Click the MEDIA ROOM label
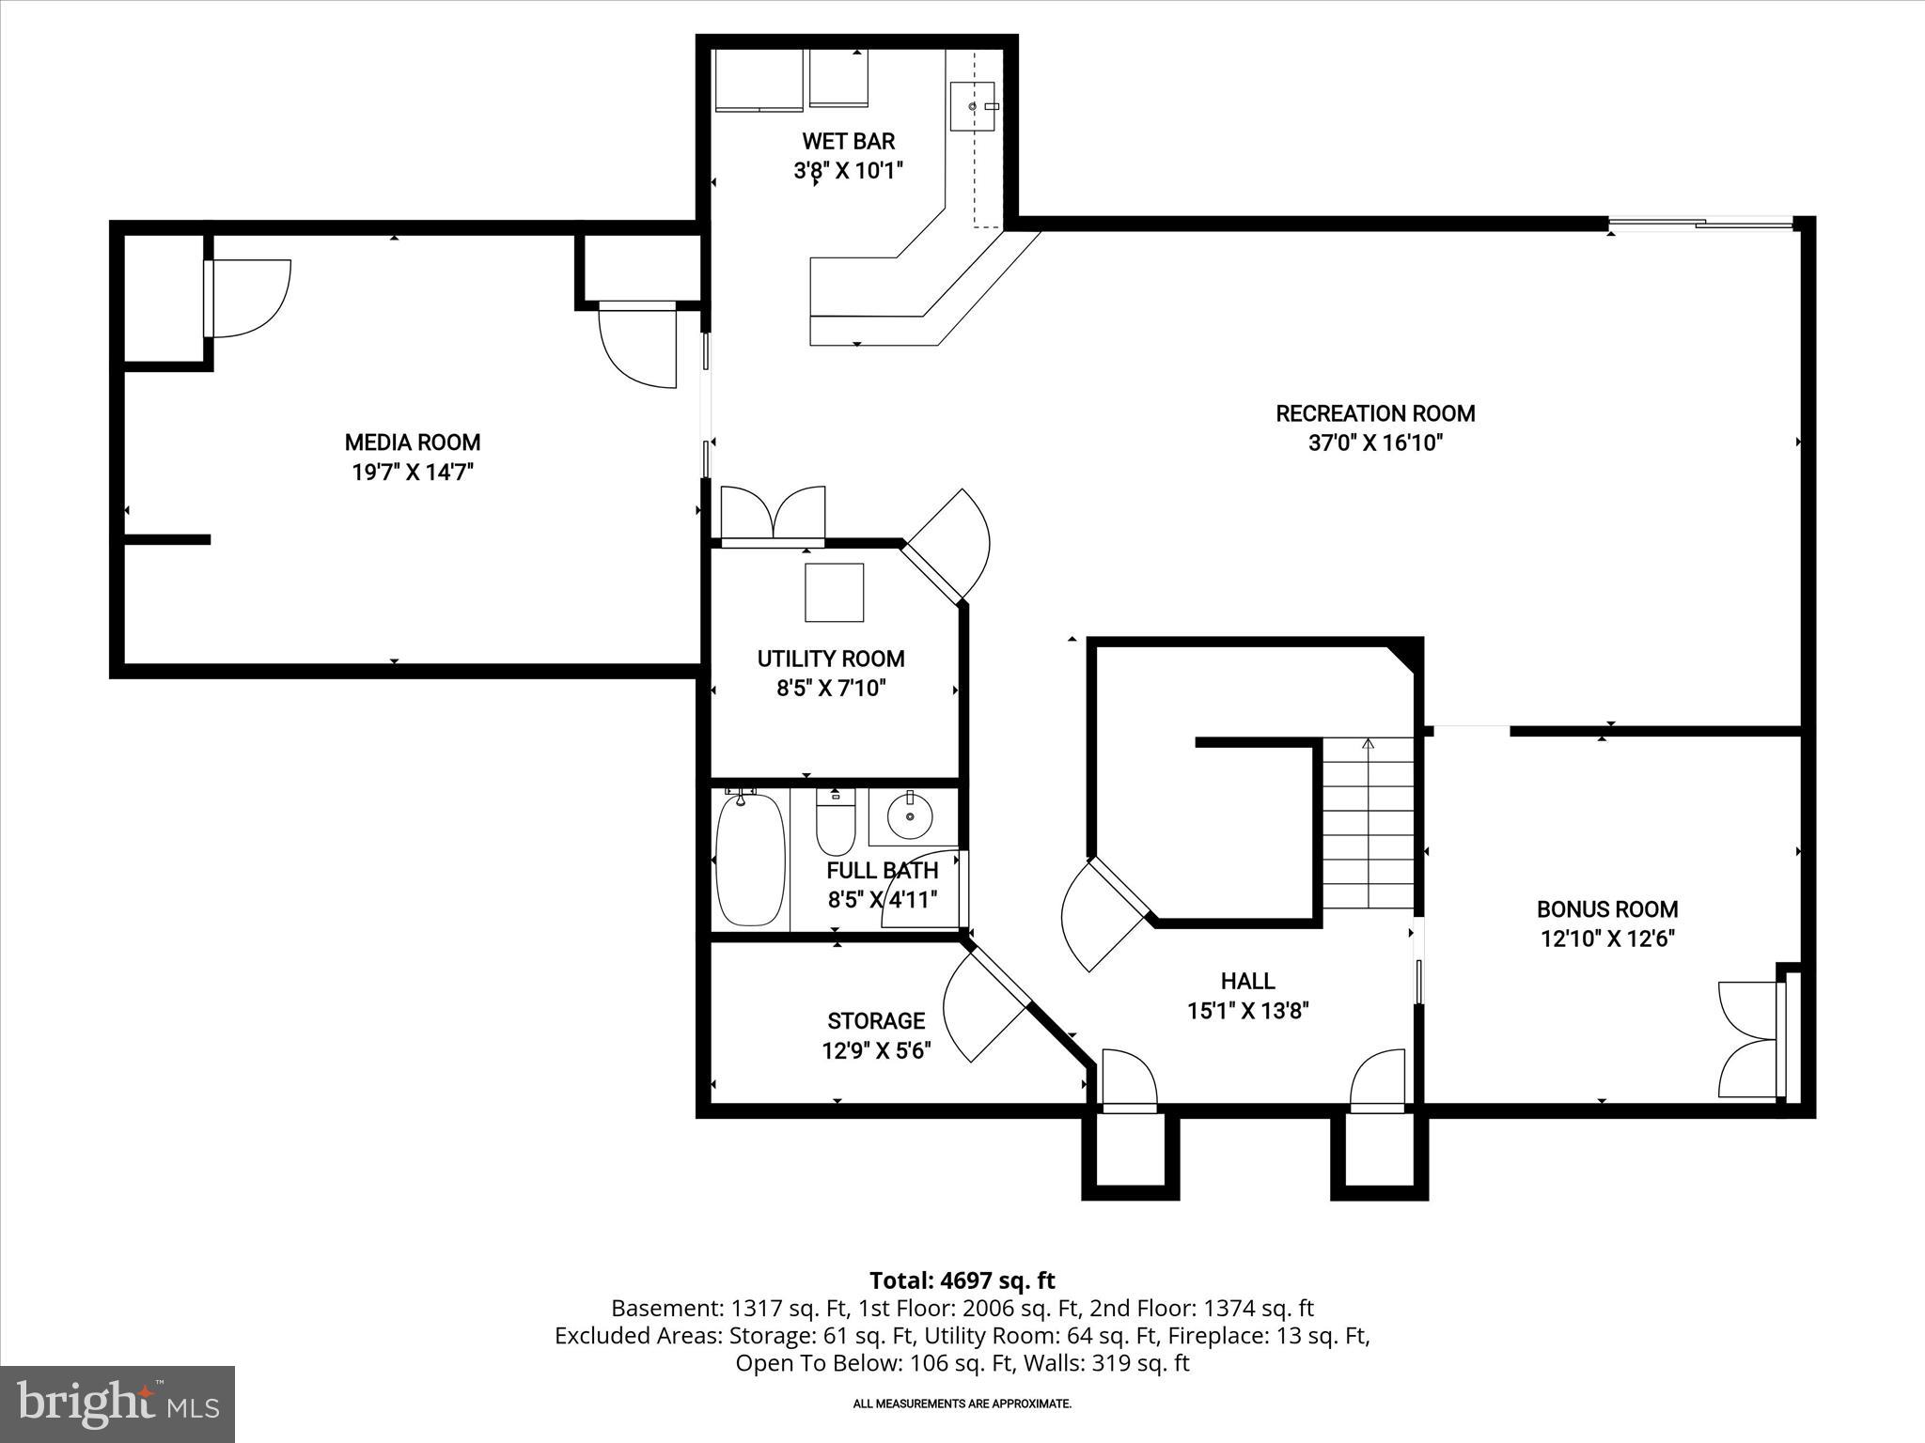coord(412,442)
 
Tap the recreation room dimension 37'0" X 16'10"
coord(1374,442)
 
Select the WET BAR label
coord(848,142)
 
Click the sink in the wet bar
coord(972,106)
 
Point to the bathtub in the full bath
coord(750,860)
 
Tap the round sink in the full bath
coord(909,816)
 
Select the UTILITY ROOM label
coord(831,659)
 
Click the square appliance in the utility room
coord(834,592)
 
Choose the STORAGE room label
coord(876,1020)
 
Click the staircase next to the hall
coord(1368,823)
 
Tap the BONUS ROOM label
coord(1606,908)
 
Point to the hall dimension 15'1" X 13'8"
coord(1247,1011)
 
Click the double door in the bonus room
coord(1750,1039)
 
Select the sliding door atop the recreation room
coord(1701,224)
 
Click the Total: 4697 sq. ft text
coord(962,1280)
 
